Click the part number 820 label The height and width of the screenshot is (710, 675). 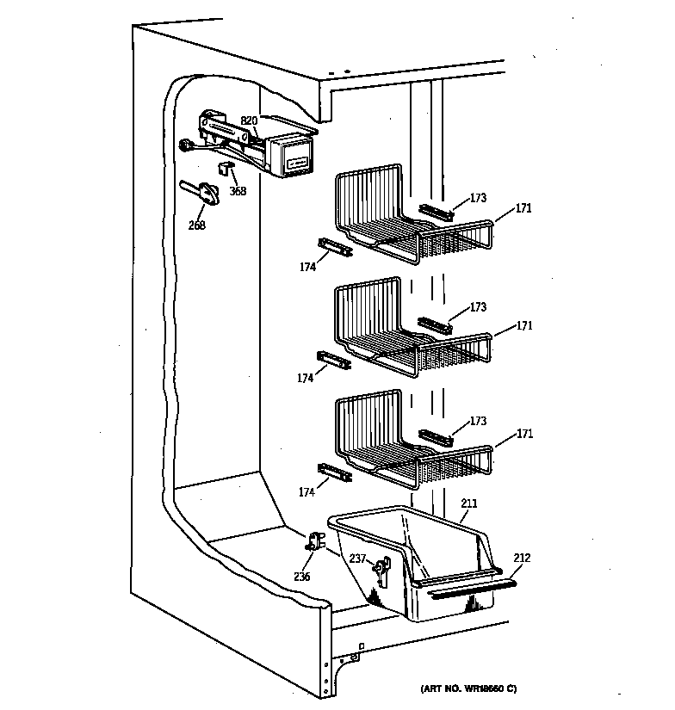click(249, 120)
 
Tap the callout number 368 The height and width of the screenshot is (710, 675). click(237, 191)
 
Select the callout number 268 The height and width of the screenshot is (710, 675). click(197, 226)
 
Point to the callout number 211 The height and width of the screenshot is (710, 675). click(469, 503)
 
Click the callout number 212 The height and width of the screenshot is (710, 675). click(523, 559)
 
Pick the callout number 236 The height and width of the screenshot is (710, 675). click(300, 576)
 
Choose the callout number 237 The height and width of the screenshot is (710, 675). click(356, 559)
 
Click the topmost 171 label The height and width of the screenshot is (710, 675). click(524, 208)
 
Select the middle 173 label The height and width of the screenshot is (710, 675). click(478, 307)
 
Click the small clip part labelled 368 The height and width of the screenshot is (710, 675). click(226, 169)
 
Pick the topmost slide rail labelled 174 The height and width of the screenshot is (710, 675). click(334, 248)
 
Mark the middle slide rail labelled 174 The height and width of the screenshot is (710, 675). click(334, 359)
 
